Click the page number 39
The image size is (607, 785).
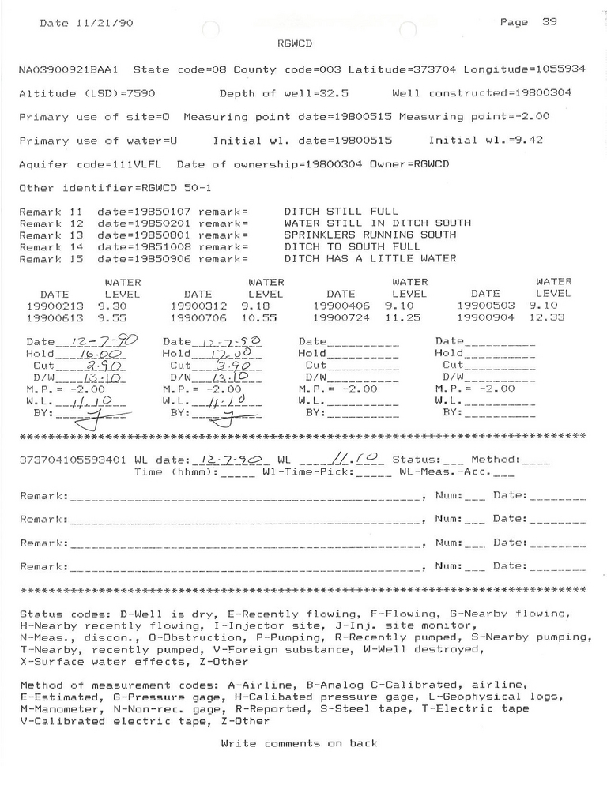click(549, 22)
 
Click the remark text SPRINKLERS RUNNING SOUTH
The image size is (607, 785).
click(369, 235)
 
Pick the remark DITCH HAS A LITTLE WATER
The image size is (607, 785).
click(369, 259)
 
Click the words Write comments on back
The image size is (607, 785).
click(299, 743)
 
